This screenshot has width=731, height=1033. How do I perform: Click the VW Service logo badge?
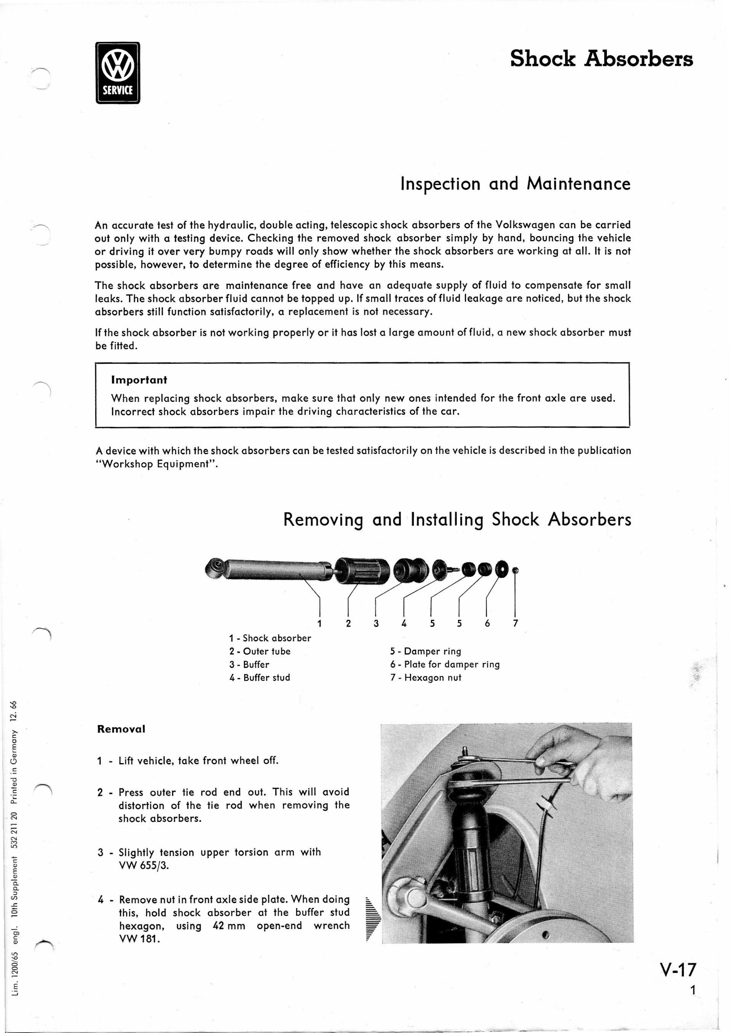coord(118,73)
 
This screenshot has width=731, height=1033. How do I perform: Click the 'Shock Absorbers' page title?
coord(602,59)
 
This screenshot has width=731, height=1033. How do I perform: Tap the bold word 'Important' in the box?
coord(139,380)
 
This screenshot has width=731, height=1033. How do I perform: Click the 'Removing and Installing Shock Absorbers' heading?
coord(457,520)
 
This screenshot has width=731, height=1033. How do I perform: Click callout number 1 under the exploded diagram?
coord(319,623)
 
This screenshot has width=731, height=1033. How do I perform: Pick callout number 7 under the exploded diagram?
coord(516,623)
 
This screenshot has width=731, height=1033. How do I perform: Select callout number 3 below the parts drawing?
coord(376,623)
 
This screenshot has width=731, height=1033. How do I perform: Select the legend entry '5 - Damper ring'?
coord(425,651)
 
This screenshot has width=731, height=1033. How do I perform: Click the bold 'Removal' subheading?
coord(121,729)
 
